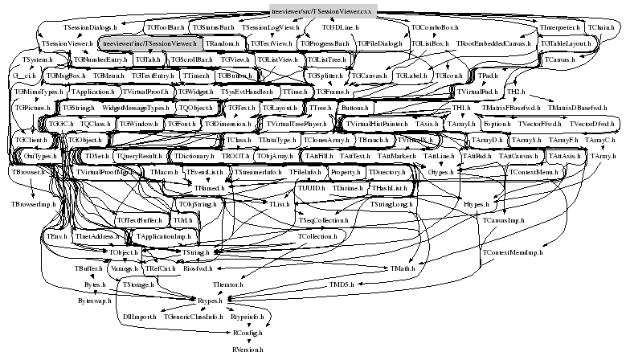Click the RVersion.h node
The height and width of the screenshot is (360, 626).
(x=248, y=350)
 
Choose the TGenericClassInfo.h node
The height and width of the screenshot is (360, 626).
(x=193, y=317)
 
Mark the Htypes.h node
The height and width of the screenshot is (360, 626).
(x=479, y=204)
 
